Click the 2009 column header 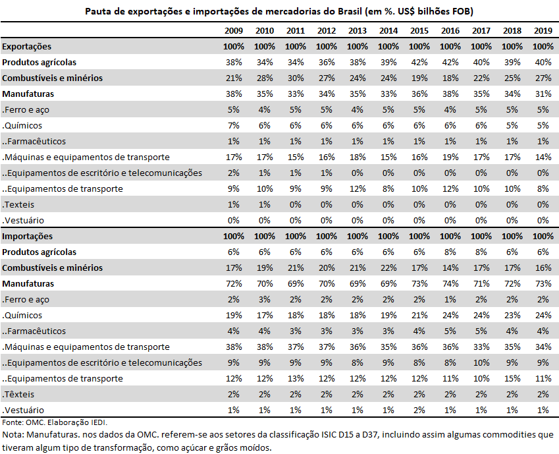pos(234,31)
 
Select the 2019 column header pos(543,31)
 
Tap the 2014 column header pos(388,31)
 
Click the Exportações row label pos(27,47)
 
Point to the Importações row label pos(27,237)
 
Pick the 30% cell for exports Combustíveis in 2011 pos(296,78)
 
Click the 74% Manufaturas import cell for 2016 pos(450,284)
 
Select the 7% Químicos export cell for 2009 pos(234,126)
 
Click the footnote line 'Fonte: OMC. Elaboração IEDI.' pos(55,422)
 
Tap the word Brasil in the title pos(348,11)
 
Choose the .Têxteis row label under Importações pos(18,395)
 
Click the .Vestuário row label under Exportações pos(23,221)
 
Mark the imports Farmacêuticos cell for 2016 pos(450,331)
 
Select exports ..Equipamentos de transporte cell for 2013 pos(358,189)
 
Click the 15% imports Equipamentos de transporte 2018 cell pos(512,379)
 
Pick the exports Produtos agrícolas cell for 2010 pos(265,63)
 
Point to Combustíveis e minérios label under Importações pos(53,268)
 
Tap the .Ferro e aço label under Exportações pos(26,110)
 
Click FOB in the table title pos(462,11)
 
